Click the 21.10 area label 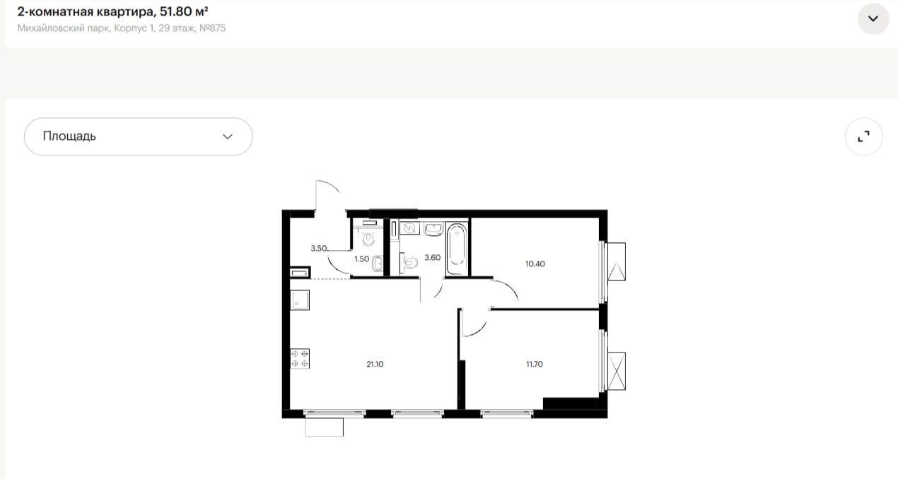pos(375,364)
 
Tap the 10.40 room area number pos(535,264)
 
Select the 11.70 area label pos(535,364)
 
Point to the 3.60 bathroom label pos(433,258)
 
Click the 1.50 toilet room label pos(361,259)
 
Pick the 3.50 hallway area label pos(319,248)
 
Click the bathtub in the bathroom pos(457,249)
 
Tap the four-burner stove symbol pos(300,358)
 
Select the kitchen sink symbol pos(300,300)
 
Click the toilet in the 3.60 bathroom pos(409,262)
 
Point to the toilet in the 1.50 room pos(368,239)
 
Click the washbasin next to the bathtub pos(433,230)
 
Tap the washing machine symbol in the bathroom pos(409,228)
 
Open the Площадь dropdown pos(139,136)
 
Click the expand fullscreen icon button pos(863,136)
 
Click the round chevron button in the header pos(873,18)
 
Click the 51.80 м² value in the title pos(184,11)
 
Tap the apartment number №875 pos(212,28)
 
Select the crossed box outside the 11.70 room pos(617,372)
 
